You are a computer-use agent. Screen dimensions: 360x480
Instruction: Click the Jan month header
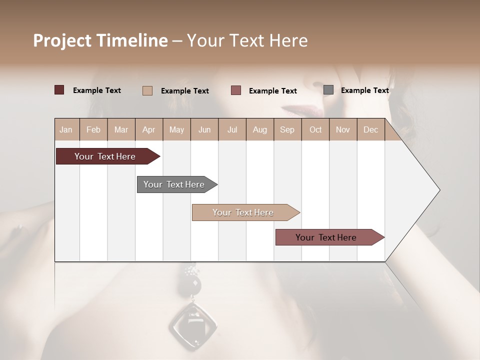pyautogui.click(x=66, y=129)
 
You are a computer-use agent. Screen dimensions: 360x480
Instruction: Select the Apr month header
pyautogui.click(x=149, y=129)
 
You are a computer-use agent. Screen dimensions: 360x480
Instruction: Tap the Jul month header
pyautogui.click(x=232, y=129)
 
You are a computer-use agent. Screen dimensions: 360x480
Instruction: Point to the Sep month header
pyautogui.click(x=287, y=129)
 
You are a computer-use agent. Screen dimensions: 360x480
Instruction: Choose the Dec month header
pyautogui.click(x=370, y=129)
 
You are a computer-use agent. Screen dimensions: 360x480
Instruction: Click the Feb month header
pyautogui.click(x=93, y=129)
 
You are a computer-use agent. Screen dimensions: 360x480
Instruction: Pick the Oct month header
pyautogui.click(x=315, y=129)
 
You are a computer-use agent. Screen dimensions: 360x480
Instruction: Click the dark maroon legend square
pyautogui.click(x=59, y=90)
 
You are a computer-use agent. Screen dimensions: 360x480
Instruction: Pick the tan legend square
pyautogui.click(x=147, y=90)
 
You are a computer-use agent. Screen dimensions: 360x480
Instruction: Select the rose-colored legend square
pyautogui.click(x=236, y=90)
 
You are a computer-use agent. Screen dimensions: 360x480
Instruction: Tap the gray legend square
pyautogui.click(x=328, y=90)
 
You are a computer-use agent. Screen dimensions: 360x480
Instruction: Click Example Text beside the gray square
pyautogui.click(x=364, y=90)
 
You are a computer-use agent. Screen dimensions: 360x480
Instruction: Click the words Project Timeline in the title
pyautogui.click(x=100, y=40)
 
